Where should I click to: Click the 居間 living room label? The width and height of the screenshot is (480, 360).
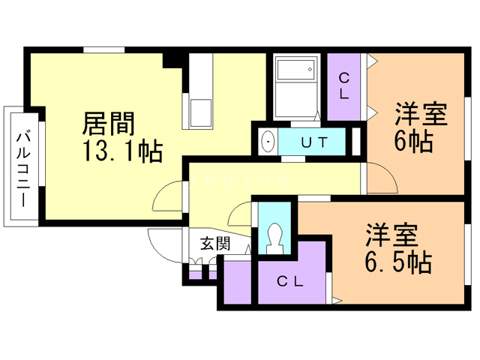click(x=109, y=124)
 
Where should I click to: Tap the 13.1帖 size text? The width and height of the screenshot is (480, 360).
click(x=123, y=151)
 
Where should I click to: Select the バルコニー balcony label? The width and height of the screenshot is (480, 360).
click(x=23, y=170)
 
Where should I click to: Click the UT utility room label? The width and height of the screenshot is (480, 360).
click(x=314, y=142)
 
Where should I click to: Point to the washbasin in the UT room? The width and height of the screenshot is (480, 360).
click(x=268, y=142)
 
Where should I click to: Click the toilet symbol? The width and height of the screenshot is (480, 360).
click(x=274, y=238)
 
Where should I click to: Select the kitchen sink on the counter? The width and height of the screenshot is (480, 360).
click(x=201, y=112)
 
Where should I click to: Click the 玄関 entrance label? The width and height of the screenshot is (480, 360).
click(x=215, y=244)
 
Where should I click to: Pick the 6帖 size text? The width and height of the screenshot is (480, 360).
click(x=413, y=142)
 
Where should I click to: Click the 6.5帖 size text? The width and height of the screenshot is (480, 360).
click(x=398, y=262)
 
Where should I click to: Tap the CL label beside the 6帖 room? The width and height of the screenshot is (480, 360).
click(x=343, y=86)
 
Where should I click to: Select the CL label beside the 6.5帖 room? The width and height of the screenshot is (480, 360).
click(x=290, y=282)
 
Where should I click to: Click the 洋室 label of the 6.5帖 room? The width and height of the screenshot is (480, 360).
click(x=391, y=235)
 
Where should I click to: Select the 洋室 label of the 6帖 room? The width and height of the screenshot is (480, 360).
click(x=421, y=114)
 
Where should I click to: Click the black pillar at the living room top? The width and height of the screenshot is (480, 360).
click(x=172, y=60)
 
